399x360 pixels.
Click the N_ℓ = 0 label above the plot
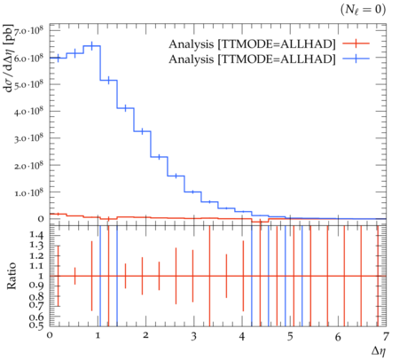click(x=363, y=10)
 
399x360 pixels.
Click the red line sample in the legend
click(x=356, y=43)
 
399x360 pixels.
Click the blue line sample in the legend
click(x=356, y=59)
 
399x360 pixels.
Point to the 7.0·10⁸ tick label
click(x=28, y=31)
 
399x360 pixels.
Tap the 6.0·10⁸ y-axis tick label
click(x=28, y=58)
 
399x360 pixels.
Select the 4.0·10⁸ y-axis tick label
click(x=28, y=112)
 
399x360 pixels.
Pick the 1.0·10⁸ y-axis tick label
click(x=28, y=192)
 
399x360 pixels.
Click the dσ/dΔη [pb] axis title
click(x=10, y=59)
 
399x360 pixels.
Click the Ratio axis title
click(x=12, y=276)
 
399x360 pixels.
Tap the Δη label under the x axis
click(x=379, y=351)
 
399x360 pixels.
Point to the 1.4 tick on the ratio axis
click(x=37, y=235)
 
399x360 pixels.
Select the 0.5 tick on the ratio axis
click(x=37, y=325)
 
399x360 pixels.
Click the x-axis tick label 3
click(x=193, y=337)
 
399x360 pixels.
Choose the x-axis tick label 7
click(x=386, y=337)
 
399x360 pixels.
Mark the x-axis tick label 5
click(x=290, y=337)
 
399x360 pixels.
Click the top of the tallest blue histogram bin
click(x=92, y=46)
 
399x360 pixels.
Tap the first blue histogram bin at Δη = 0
click(x=58, y=58)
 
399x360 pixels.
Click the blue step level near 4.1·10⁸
click(x=126, y=108)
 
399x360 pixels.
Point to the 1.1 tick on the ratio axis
click(x=37, y=266)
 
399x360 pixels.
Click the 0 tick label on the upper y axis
click(x=41, y=219)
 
